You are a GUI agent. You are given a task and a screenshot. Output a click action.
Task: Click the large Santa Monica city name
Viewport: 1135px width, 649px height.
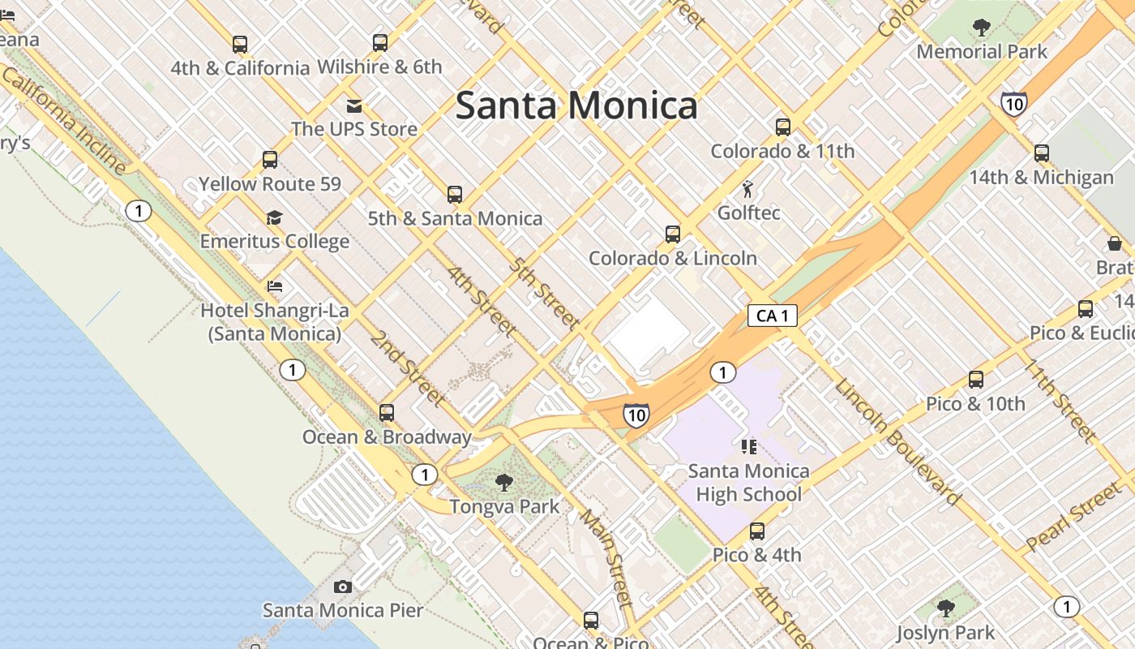pyautogui.click(x=576, y=106)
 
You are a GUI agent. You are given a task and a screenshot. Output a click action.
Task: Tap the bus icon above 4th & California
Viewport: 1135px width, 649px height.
pyautogui.click(x=239, y=44)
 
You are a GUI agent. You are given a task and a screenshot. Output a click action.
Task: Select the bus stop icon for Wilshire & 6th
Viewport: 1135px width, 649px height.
pyautogui.click(x=379, y=43)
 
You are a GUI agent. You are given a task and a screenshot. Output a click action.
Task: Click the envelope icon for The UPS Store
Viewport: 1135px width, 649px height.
pyautogui.click(x=354, y=105)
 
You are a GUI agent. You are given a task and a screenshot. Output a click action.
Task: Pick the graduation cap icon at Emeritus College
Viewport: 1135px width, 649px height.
pyautogui.click(x=274, y=217)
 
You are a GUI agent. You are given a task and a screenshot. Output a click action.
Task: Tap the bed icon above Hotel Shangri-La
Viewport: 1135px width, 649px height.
pyautogui.click(x=275, y=286)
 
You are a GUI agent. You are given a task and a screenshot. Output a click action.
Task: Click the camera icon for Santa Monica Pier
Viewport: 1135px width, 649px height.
pyautogui.click(x=343, y=587)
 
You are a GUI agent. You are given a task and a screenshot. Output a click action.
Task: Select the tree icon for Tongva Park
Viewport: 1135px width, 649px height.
pyautogui.click(x=503, y=483)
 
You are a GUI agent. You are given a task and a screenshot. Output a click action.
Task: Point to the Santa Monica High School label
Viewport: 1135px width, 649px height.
pyautogui.click(x=748, y=482)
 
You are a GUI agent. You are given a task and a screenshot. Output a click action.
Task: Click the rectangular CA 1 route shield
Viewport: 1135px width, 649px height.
pyautogui.click(x=772, y=316)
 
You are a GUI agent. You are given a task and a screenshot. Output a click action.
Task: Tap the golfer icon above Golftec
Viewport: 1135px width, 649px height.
pyautogui.click(x=747, y=190)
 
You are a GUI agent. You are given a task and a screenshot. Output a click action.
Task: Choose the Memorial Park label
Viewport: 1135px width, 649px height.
pyautogui.click(x=981, y=52)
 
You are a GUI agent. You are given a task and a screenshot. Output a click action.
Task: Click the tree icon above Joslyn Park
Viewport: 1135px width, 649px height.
pyautogui.click(x=945, y=608)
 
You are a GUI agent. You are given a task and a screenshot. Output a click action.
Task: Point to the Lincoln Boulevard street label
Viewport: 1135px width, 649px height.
pyautogui.click(x=897, y=441)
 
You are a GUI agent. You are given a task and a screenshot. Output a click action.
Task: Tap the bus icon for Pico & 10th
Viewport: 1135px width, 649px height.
pyautogui.click(x=975, y=380)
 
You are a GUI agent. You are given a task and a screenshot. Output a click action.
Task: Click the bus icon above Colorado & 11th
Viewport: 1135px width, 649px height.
pyautogui.click(x=782, y=127)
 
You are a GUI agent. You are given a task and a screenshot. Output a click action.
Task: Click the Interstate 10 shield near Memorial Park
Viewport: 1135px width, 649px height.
pyautogui.click(x=1013, y=103)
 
